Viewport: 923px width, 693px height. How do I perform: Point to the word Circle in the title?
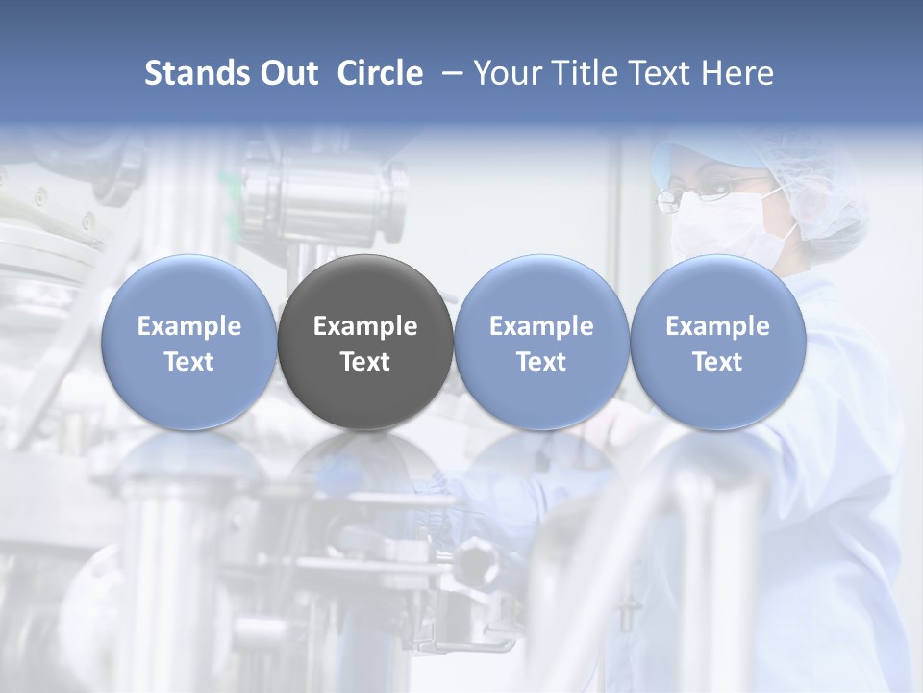click(x=380, y=73)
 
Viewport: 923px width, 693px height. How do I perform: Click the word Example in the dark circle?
click(x=365, y=326)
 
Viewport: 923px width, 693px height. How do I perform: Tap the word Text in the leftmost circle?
click(x=188, y=362)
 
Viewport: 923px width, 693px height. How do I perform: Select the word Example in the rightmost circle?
click(x=717, y=326)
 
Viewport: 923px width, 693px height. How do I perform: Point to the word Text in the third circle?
click(x=541, y=362)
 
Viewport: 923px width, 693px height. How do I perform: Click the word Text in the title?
click(x=661, y=73)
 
